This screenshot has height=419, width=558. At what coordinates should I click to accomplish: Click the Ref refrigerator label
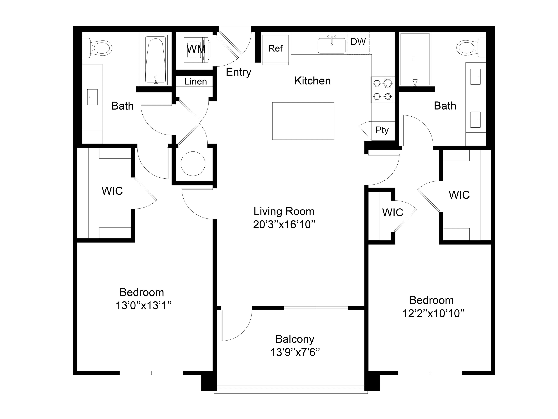[275, 48]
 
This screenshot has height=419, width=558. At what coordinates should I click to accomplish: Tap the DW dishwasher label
[358, 42]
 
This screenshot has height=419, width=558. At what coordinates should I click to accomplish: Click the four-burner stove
[382, 90]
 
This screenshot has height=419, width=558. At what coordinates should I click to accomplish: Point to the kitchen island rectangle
[303, 121]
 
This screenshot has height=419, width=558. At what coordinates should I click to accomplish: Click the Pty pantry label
[382, 130]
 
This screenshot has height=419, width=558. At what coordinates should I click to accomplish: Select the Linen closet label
[196, 82]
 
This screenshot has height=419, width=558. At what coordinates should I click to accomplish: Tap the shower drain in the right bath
[413, 59]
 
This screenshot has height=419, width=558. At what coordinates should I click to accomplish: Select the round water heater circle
[193, 164]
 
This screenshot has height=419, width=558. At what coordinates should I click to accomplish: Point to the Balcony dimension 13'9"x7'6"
[295, 352]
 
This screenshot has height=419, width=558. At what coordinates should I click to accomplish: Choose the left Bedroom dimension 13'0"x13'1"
[143, 306]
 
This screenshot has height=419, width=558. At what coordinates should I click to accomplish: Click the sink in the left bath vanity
[92, 97]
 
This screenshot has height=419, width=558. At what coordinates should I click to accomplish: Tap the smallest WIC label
[392, 213]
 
